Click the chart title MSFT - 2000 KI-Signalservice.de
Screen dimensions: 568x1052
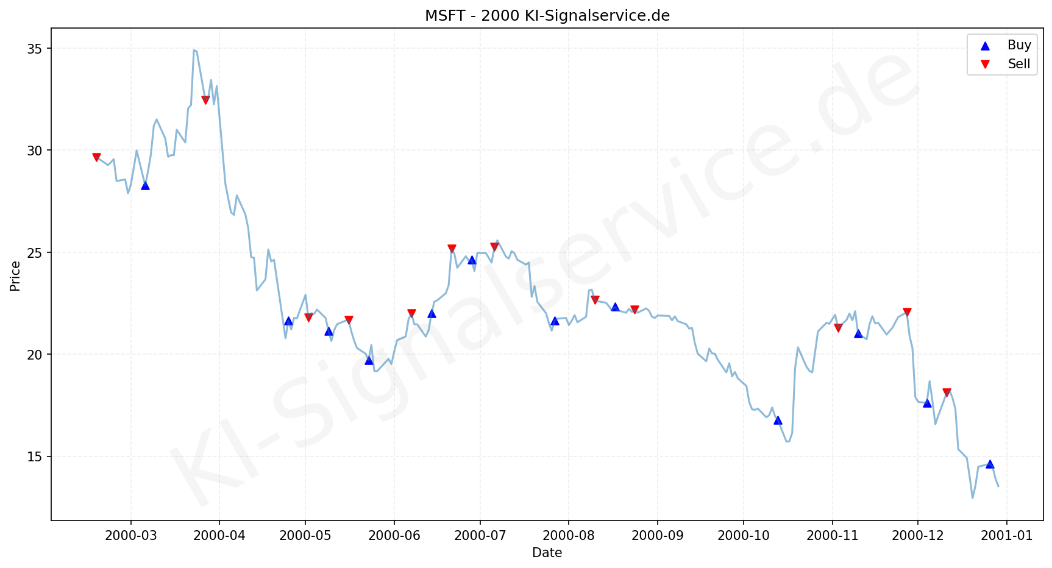[x=547, y=16]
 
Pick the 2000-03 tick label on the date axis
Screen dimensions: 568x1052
[x=130, y=536]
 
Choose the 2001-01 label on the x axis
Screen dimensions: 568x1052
[x=1006, y=536]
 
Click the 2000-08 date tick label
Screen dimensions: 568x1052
[x=568, y=536]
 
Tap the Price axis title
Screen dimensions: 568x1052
[x=15, y=276]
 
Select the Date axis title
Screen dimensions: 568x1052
[x=547, y=553]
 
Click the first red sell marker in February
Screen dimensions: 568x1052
[x=96, y=157]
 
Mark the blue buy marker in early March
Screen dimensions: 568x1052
[x=145, y=185]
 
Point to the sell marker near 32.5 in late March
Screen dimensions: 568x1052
[x=205, y=100]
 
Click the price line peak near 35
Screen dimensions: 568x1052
[x=194, y=50]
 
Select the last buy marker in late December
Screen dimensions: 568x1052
[x=990, y=464]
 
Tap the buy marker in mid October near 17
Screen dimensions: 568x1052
[x=778, y=420]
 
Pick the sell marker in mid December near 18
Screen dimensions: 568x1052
[x=947, y=392]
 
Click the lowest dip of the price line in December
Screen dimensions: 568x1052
[x=973, y=498]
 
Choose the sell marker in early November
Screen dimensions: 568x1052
[x=838, y=328]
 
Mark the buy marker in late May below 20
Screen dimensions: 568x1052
[x=369, y=360]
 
